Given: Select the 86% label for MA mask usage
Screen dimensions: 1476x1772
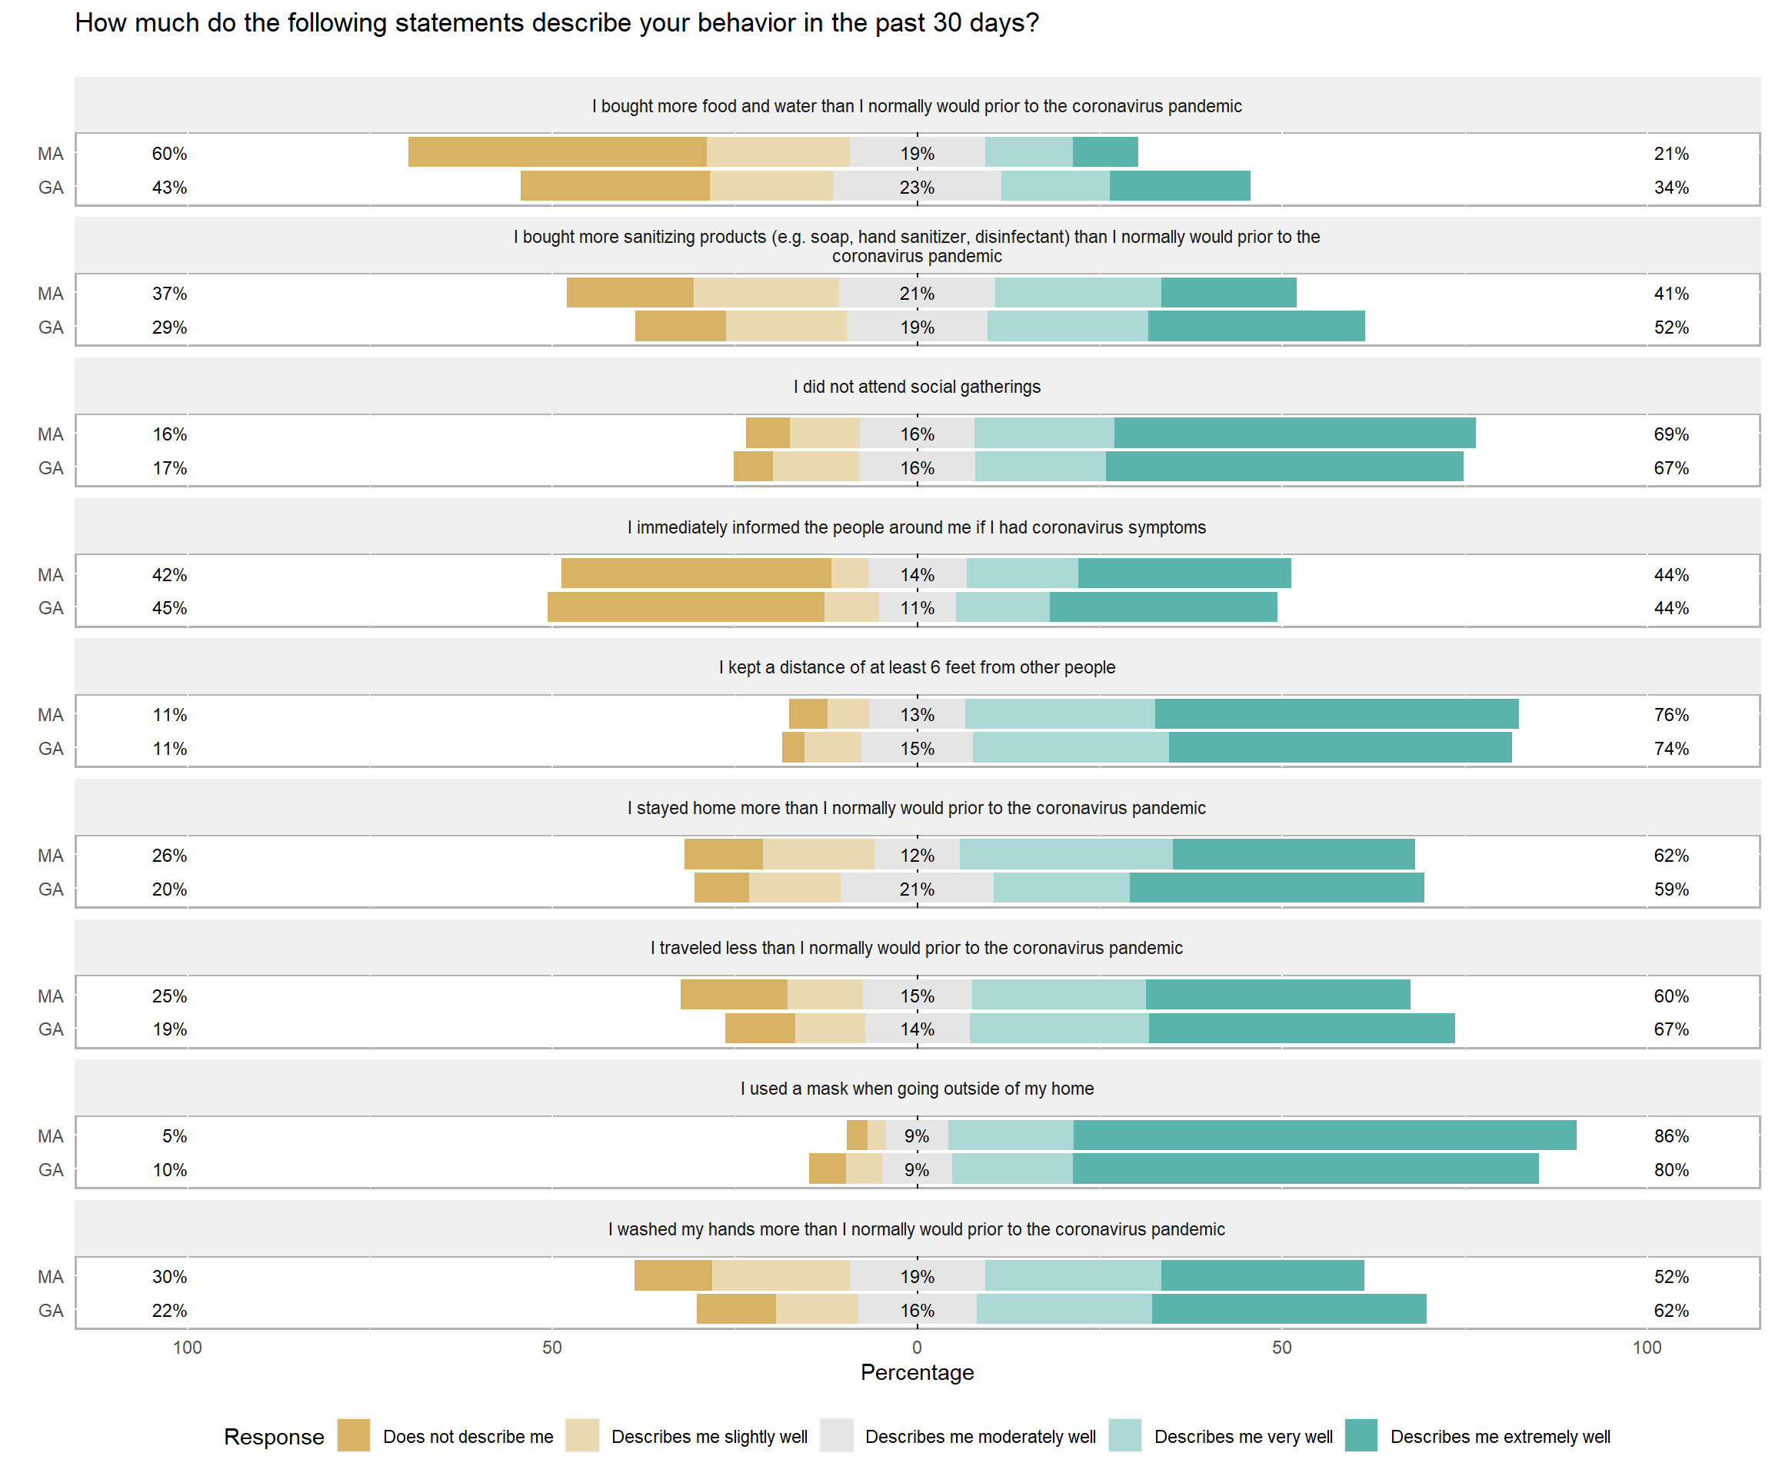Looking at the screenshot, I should point(1670,1136).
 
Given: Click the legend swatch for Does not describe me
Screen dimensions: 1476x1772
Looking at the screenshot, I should point(354,1435).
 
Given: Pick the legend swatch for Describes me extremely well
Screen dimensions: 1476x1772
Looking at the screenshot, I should point(1361,1435).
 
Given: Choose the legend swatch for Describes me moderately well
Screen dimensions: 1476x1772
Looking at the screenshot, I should point(836,1435).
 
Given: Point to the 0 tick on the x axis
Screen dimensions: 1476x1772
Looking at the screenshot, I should point(918,1347).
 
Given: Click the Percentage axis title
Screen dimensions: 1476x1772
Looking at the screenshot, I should point(918,1372).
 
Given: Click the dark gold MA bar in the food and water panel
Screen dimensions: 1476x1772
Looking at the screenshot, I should point(557,151).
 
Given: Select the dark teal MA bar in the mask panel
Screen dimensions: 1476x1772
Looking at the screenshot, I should point(1325,1135).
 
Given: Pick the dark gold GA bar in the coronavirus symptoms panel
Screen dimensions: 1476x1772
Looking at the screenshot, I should point(685,607).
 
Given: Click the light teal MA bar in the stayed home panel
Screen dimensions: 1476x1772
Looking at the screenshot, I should point(1066,854).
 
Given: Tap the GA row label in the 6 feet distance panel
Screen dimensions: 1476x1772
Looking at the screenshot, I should point(51,748).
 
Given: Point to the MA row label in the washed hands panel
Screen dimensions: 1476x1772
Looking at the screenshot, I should point(51,1276).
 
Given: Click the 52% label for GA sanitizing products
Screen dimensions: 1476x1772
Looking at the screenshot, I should point(1670,327).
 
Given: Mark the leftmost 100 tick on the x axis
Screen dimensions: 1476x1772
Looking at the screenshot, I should point(188,1347).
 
